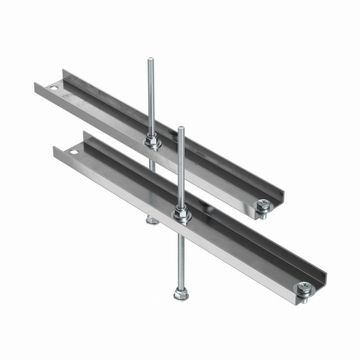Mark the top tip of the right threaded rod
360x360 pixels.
click(180, 127)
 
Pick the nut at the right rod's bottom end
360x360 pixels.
click(178, 295)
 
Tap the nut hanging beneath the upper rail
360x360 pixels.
click(150, 221)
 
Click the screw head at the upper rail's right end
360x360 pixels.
click(263, 205)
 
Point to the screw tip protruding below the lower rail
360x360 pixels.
click(304, 299)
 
